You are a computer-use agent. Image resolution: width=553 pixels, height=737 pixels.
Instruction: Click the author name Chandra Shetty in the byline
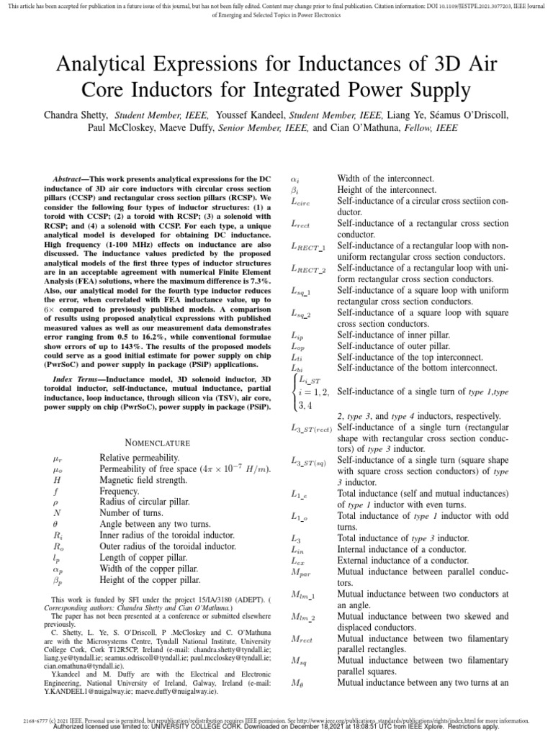[x=76, y=114]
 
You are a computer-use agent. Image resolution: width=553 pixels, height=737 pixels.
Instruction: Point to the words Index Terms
[x=76, y=379]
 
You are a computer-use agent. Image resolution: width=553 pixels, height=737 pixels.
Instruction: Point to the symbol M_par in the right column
[x=300, y=572]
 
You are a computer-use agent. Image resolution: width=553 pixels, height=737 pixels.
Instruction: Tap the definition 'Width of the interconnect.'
[x=387, y=178]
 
